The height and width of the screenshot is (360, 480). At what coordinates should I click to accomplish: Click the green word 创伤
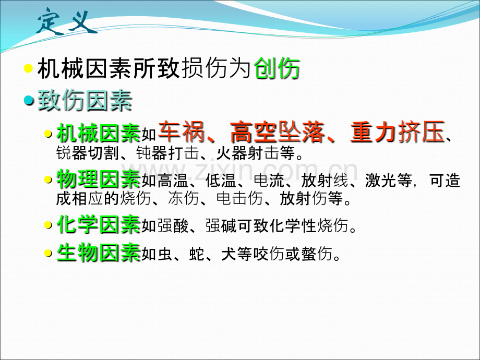point(278,70)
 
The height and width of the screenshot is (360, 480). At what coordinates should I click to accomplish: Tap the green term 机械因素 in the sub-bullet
point(98,134)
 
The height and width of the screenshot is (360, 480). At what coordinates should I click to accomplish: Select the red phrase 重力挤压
point(398,131)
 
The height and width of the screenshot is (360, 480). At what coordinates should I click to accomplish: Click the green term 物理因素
point(98,180)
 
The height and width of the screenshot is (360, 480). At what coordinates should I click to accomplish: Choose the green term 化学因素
point(98,225)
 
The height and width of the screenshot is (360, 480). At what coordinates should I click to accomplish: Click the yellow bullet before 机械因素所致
point(29,69)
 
